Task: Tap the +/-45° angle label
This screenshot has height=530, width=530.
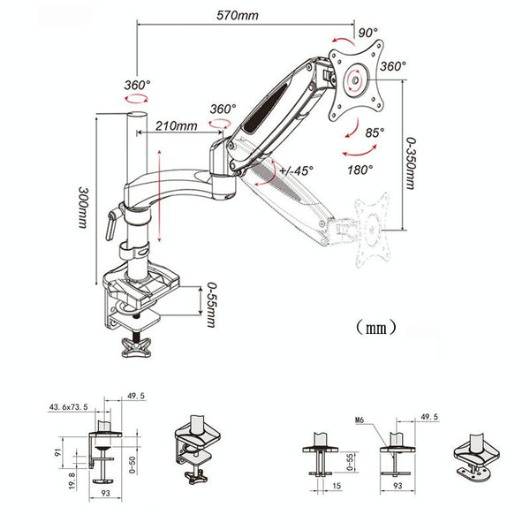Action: pyautogui.click(x=293, y=170)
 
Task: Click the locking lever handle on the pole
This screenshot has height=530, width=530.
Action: pyautogui.click(x=110, y=222)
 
